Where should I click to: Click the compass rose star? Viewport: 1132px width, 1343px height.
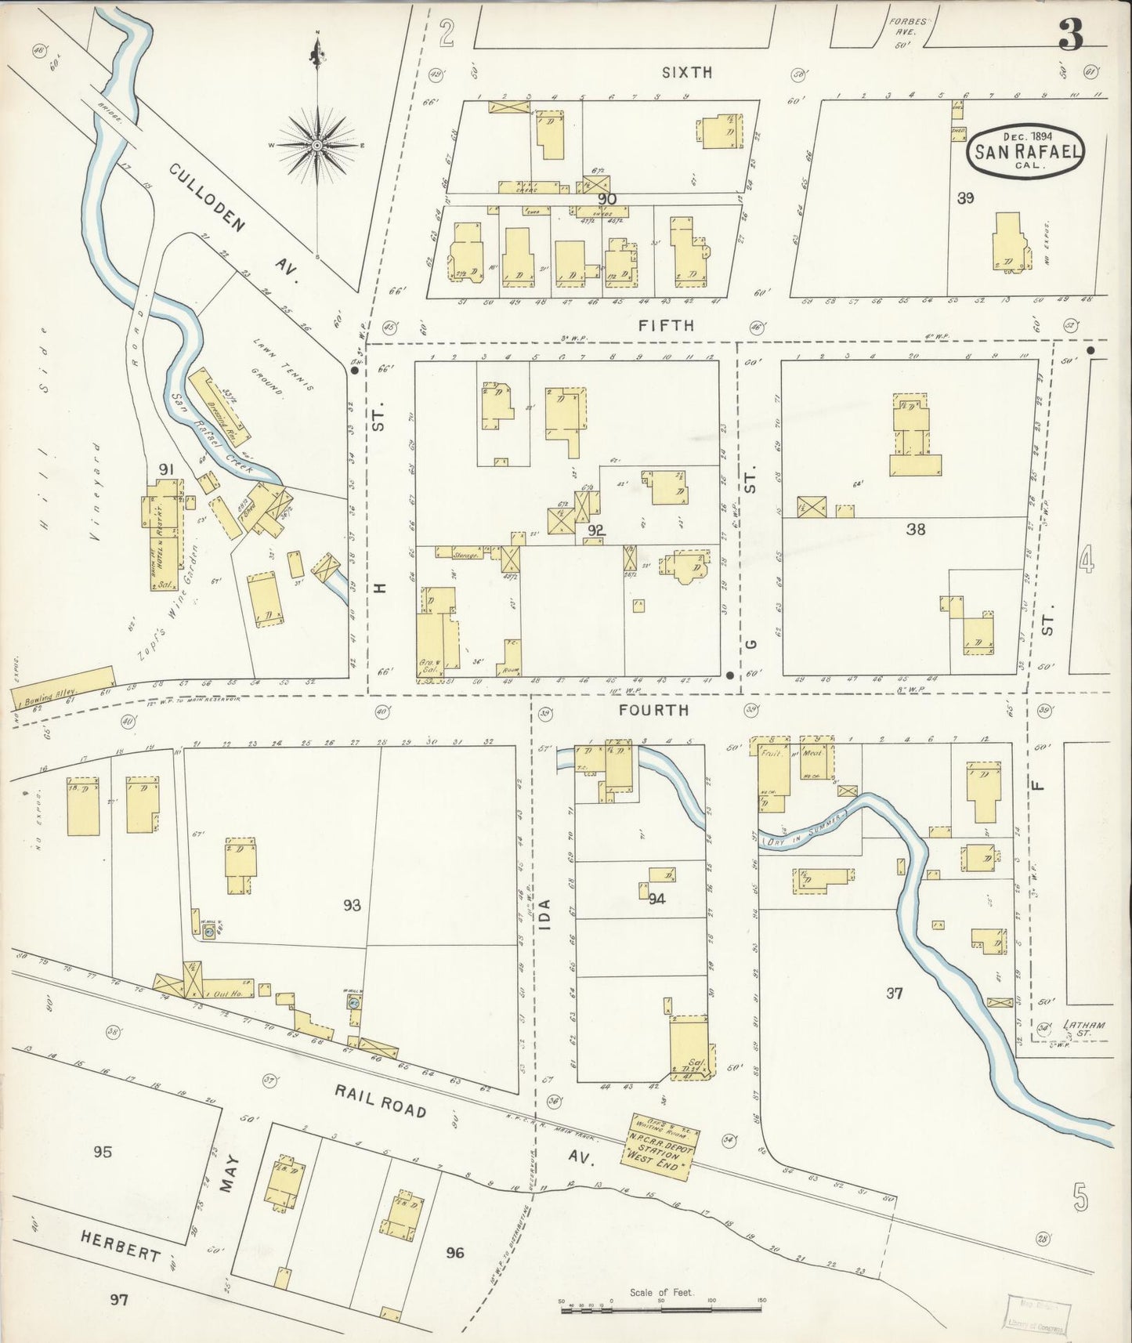(x=316, y=145)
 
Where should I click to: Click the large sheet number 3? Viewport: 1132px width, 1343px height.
(x=1070, y=35)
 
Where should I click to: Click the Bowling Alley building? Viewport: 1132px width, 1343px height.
(x=63, y=686)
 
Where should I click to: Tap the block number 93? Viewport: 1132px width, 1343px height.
(x=352, y=906)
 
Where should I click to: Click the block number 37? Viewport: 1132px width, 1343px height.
(x=895, y=994)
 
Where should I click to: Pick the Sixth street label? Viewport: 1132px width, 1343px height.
(x=687, y=72)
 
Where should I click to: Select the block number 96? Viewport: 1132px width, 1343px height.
(x=455, y=1253)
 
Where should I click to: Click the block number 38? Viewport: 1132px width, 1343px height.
(x=915, y=529)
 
